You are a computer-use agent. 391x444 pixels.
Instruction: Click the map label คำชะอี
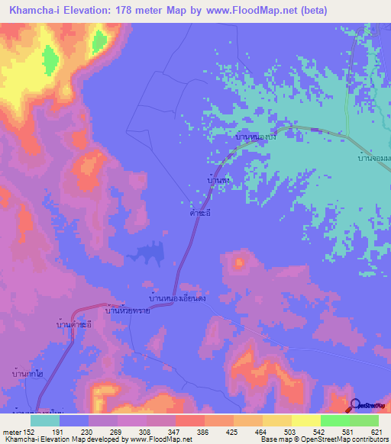pos(200,214)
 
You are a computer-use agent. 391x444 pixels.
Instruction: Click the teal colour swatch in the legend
pos(45,420)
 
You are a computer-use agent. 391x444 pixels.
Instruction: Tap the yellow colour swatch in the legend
pos(305,420)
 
